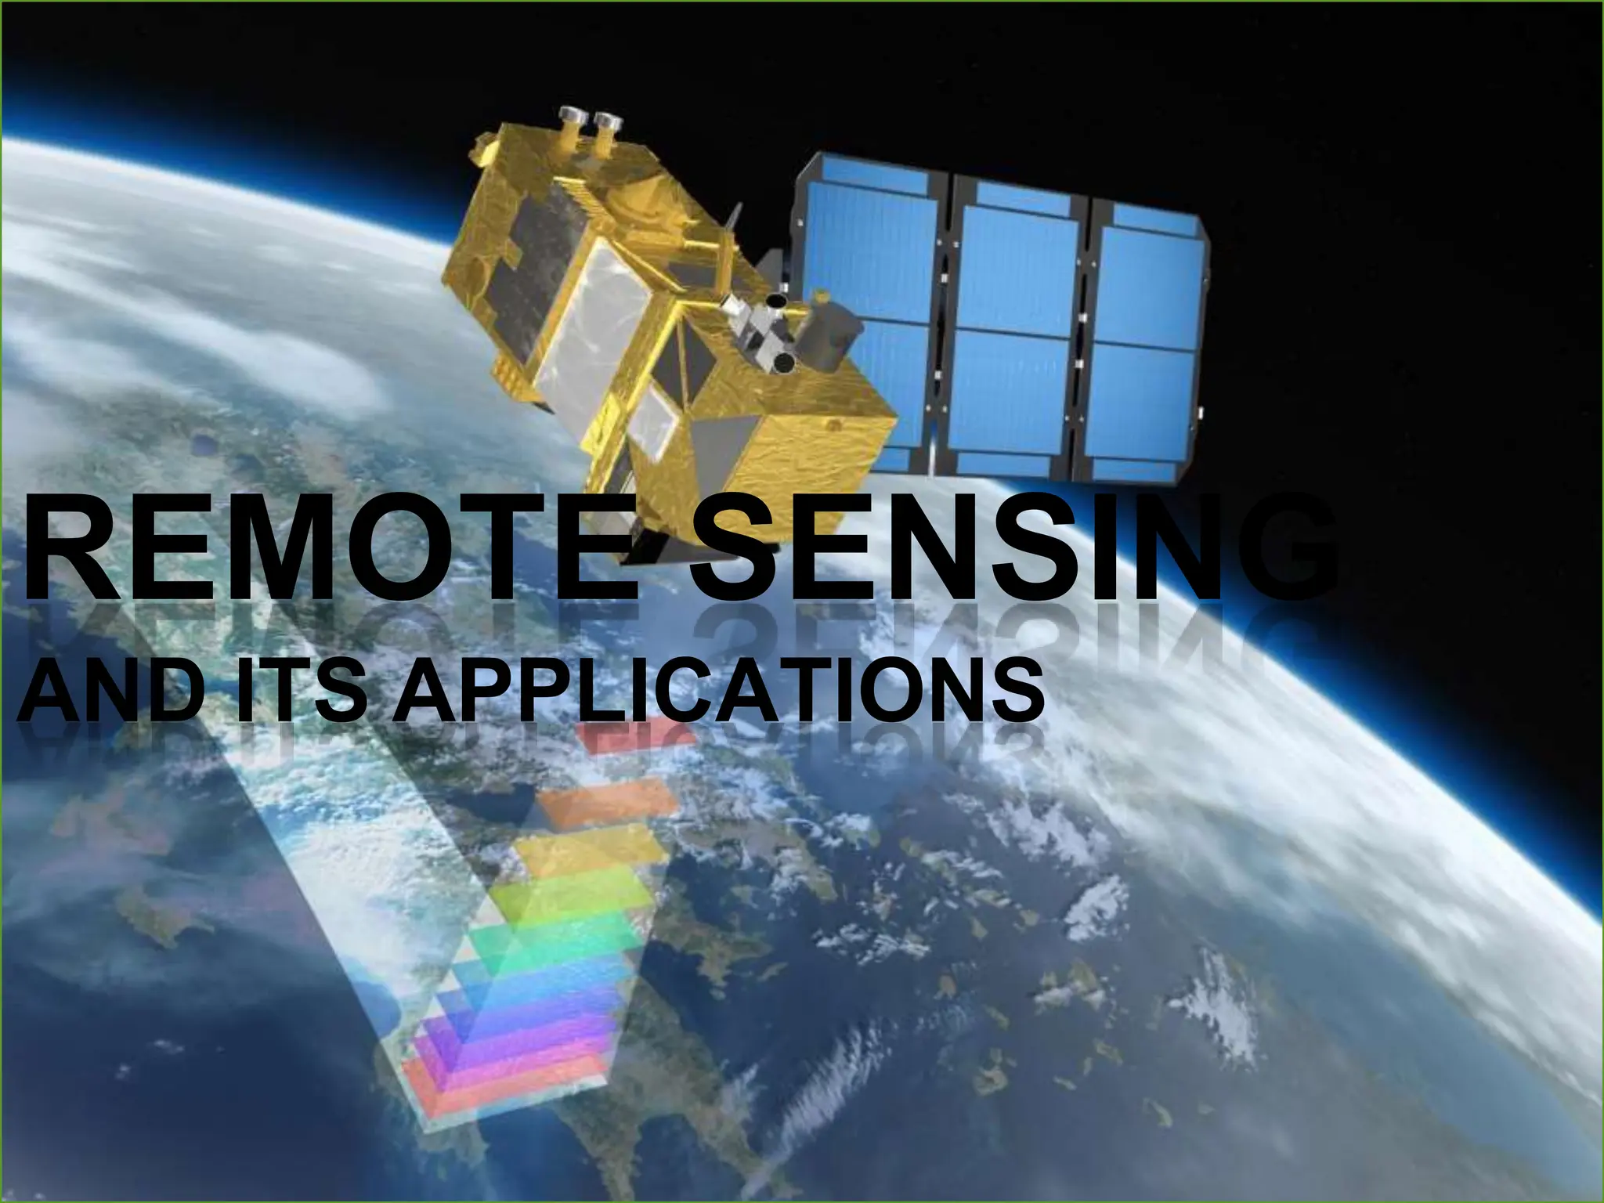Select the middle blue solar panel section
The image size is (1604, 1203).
point(1014,329)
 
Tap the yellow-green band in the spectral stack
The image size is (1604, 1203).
point(576,901)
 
